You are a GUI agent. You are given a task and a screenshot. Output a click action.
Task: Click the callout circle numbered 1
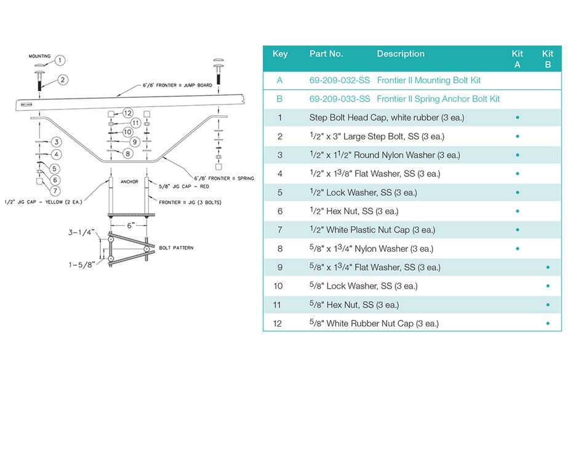(60, 60)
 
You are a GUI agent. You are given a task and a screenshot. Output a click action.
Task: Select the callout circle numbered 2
(63, 80)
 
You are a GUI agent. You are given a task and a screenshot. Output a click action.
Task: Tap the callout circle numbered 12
(128, 113)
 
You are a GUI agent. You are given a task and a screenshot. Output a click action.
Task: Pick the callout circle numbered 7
(56, 191)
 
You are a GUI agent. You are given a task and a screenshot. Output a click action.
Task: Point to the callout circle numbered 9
(135, 142)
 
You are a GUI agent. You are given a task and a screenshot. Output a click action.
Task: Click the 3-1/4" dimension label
(81, 233)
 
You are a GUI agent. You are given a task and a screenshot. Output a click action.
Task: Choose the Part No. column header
(326, 54)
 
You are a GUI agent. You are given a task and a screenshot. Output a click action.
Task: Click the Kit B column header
(548, 58)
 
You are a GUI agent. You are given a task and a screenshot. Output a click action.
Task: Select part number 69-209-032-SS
(340, 81)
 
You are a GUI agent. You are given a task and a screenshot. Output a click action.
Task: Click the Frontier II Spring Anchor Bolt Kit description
(438, 99)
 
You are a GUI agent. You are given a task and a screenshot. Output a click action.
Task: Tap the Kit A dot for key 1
(518, 117)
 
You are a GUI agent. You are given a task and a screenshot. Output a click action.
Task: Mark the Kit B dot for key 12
(548, 324)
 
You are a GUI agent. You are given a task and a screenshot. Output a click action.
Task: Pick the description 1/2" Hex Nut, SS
(354, 212)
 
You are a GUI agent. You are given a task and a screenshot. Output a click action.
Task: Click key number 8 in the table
(280, 249)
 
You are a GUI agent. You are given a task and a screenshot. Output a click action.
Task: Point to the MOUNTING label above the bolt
(40, 57)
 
